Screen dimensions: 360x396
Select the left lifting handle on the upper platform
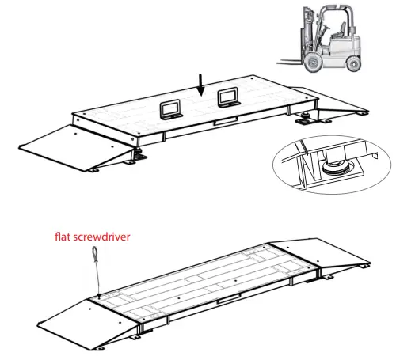(x=171, y=108)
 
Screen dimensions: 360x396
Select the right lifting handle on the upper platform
(x=229, y=97)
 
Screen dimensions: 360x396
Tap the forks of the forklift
(x=284, y=62)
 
